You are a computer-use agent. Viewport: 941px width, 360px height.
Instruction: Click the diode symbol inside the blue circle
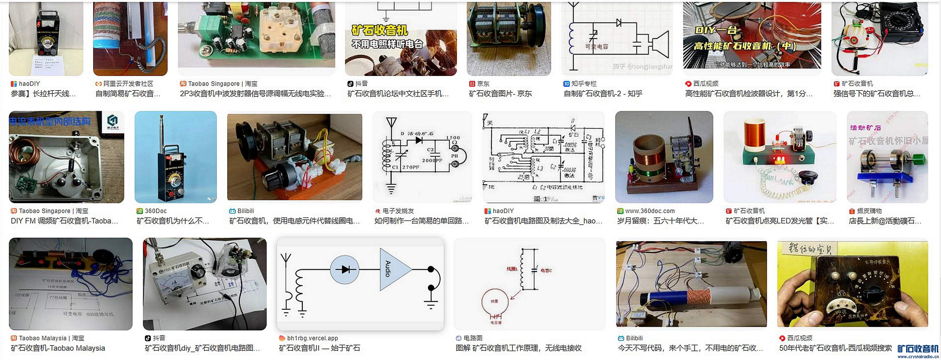coord(345,270)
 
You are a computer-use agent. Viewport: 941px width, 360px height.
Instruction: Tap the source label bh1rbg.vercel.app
coord(312,338)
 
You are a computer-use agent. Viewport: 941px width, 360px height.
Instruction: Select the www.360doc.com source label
coord(650,211)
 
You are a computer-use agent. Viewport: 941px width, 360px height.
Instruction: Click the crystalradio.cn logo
coord(918,351)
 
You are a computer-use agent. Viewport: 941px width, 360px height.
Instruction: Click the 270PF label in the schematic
coord(411,167)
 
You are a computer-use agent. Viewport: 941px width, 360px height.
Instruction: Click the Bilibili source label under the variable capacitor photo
coord(245,211)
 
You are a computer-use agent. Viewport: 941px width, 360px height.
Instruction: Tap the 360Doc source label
coord(156,211)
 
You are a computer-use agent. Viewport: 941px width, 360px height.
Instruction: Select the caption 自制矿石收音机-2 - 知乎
coord(603,94)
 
